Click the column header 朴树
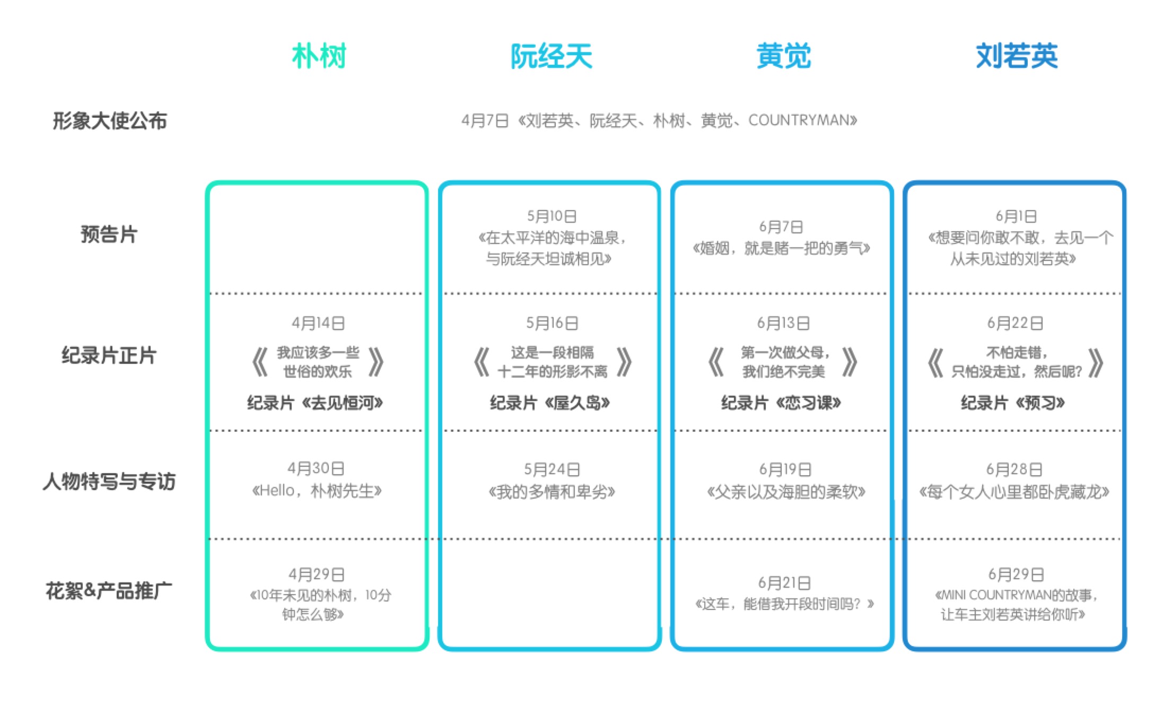point(319,56)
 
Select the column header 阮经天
point(551,56)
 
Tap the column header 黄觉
point(783,56)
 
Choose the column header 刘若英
point(1017,56)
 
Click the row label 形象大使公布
point(110,121)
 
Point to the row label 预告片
point(109,234)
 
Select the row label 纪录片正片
point(109,355)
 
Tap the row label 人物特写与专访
point(109,482)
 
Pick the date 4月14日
point(318,323)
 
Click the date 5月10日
point(552,216)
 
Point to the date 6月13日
point(783,323)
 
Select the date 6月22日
point(1015,323)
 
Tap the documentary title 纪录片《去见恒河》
point(315,403)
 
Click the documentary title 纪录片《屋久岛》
point(550,403)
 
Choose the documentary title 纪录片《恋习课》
point(781,403)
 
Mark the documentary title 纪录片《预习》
point(1013,403)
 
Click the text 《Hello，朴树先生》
point(317,491)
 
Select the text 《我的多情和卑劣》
point(552,492)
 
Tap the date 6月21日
point(784,583)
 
